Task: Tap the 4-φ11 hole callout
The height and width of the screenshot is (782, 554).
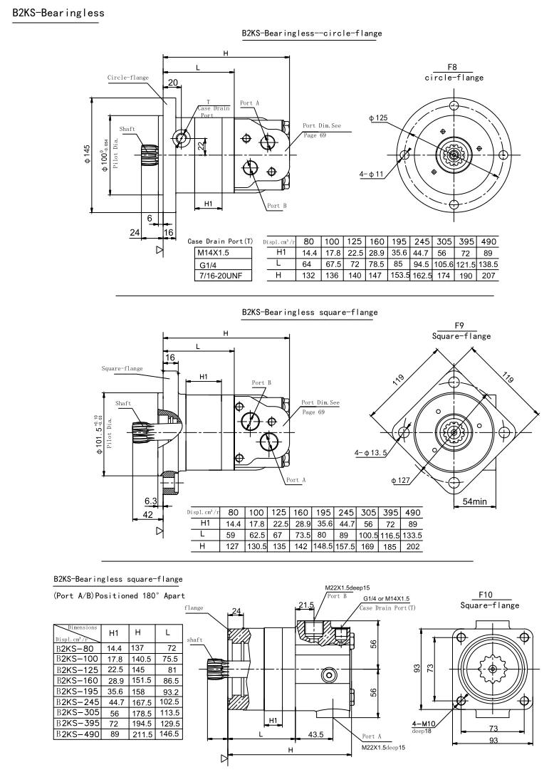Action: click(371, 174)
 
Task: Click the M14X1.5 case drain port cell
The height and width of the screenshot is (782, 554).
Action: click(213, 253)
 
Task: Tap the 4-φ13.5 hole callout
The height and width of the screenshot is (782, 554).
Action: click(372, 453)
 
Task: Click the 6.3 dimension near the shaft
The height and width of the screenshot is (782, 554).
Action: click(150, 502)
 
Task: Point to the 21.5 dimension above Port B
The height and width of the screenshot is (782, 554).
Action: click(307, 605)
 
